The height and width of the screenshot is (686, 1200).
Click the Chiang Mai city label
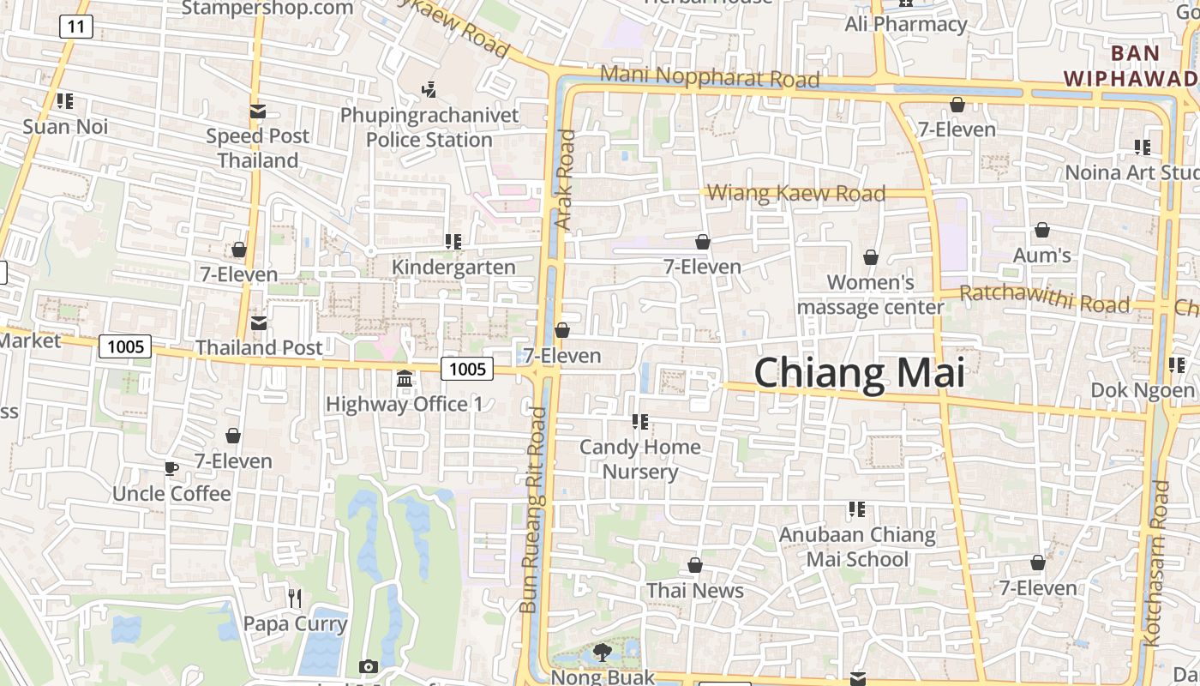click(x=859, y=374)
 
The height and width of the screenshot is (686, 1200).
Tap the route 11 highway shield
click(x=76, y=27)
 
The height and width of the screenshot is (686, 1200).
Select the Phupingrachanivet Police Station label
click(x=429, y=127)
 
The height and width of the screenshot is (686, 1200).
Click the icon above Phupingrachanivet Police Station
click(x=429, y=89)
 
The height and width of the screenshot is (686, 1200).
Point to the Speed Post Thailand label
click(x=257, y=147)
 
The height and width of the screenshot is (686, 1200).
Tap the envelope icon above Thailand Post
click(x=258, y=323)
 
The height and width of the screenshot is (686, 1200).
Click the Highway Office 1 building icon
click(x=405, y=378)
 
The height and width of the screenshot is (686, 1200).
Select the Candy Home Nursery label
click(x=640, y=459)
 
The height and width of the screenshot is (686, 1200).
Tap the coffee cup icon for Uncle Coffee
click(x=171, y=468)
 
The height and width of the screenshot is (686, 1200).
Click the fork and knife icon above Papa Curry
click(x=295, y=598)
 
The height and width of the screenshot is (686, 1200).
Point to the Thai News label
click(x=695, y=591)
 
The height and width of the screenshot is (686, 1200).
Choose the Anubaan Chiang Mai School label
click(x=857, y=547)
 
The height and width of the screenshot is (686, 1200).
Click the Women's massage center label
click(x=871, y=294)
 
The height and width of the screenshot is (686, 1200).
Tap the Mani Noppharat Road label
click(x=710, y=76)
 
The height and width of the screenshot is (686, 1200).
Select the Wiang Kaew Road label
click(x=797, y=193)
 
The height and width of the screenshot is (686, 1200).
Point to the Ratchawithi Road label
click(x=1044, y=299)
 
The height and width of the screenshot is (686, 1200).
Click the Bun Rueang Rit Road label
click(x=533, y=510)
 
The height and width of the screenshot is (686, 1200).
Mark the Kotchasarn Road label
click(x=1156, y=563)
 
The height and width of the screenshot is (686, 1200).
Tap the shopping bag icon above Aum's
click(x=1042, y=230)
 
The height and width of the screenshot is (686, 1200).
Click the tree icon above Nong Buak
click(x=603, y=653)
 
